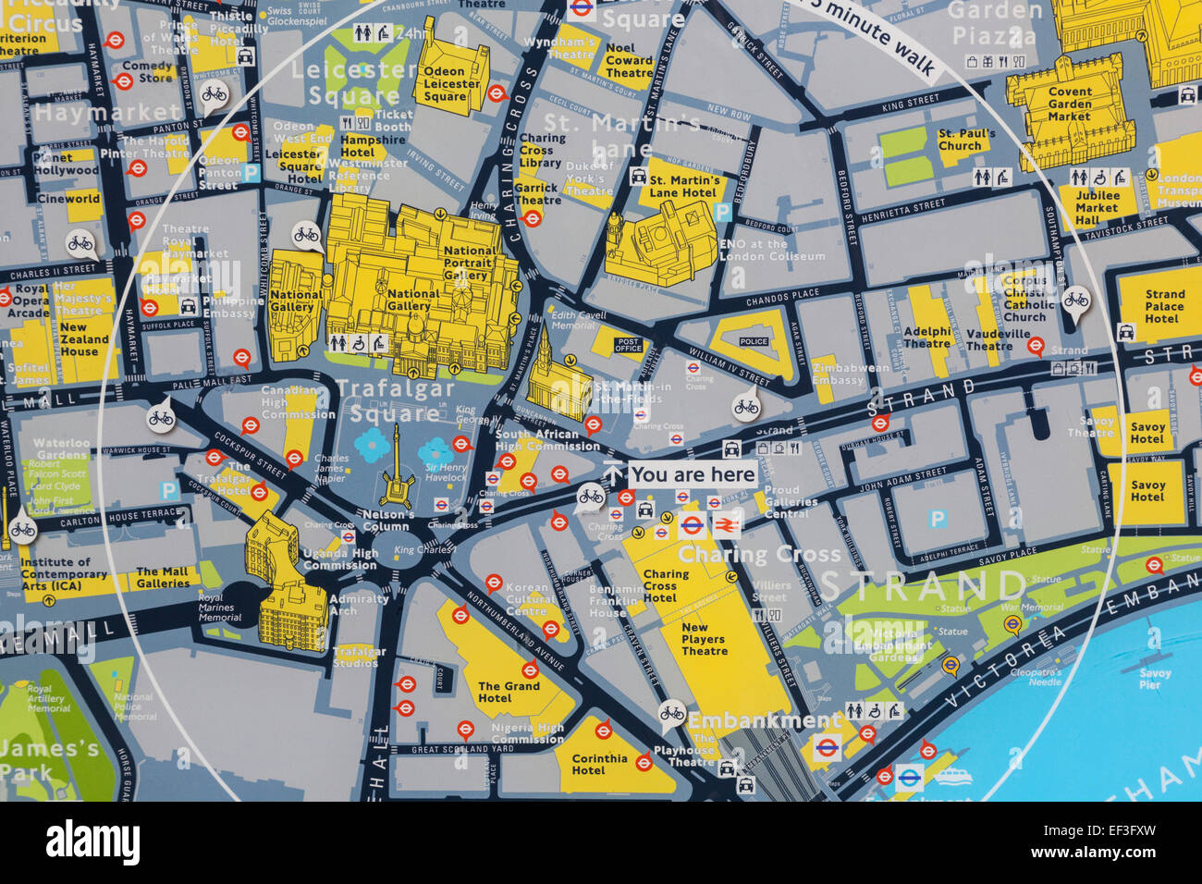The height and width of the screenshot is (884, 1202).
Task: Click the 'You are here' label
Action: point(693,475)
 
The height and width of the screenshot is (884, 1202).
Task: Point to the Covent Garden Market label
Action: point(1070,104)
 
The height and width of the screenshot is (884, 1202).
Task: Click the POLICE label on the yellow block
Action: point(754,342)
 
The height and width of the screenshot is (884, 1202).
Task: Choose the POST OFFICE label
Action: point(628,343)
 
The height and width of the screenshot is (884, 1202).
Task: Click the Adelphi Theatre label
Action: point(926,338)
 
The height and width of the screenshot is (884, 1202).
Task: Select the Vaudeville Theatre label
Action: point(988,339)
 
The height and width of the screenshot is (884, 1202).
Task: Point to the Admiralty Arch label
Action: point(359,605)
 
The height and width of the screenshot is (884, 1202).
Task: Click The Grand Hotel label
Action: point(509,692)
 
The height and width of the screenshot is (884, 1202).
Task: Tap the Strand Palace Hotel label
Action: point(1164,306)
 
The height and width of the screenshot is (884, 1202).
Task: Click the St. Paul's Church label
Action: point(966,139)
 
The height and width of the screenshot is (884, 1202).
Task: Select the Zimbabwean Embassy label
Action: point(838,374)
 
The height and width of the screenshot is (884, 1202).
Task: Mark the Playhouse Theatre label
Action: point(684,756)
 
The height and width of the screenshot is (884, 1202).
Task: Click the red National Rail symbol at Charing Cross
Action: point(726,525)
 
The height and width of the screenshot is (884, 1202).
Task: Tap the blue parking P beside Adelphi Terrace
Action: point(938,519)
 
